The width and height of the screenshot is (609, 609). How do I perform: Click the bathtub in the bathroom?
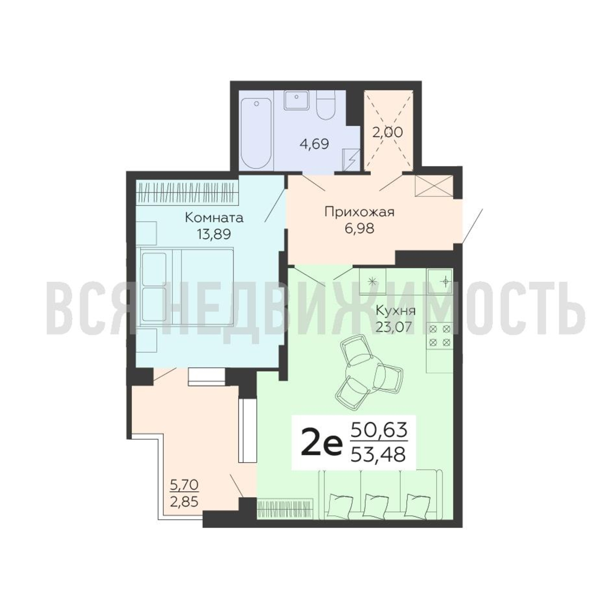click(x=256, y=133)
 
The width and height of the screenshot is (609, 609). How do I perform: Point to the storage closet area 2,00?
click(x=387, y=132)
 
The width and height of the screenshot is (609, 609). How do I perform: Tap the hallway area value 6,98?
click(x=359, y=228)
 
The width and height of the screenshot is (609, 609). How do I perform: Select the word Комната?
click(x=214, y=218)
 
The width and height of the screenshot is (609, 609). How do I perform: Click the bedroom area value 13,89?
click(x=214, y=234)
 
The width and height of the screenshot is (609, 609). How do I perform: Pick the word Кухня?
click(x=396, y=311)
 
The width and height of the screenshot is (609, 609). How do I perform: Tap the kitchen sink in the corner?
click(x=440, y=281)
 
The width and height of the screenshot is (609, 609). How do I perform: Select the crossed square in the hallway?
click(x=434, y=186)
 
